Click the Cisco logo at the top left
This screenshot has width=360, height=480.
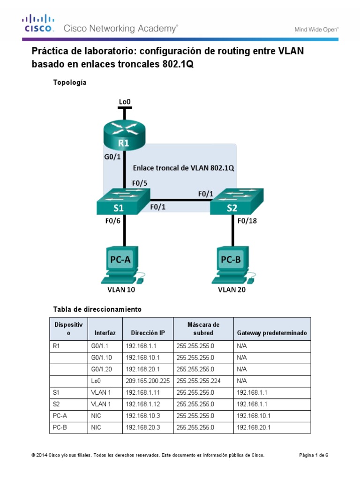coord(38,24)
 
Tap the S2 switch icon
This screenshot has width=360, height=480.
coord(236,202)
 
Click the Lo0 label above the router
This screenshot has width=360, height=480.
coord(125,101)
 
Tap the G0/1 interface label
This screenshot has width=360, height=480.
coord(113,158)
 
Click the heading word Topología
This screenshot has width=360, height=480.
coord(70,82)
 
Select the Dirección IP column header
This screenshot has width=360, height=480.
coord(148,333)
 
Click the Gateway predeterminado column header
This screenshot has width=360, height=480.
coord(272,333)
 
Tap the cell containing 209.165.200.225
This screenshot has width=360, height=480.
coord(148,381)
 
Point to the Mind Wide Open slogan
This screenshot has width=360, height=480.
coord(316,29)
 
